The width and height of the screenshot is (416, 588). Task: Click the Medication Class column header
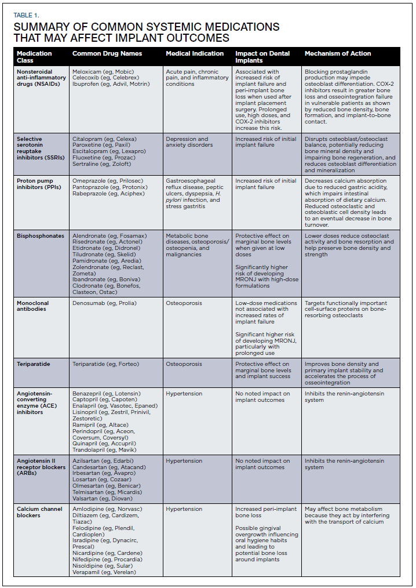(x=34, y=56)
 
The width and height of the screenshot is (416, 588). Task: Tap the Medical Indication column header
(x=195, y=53)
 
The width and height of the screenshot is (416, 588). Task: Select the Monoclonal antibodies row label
(x=33, y=306)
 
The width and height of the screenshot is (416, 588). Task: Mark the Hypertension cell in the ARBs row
(x=184, y=461)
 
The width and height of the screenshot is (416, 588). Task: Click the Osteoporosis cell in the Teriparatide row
(x=184, y=364)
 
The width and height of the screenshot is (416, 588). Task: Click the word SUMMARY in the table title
(x=39, y=27)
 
